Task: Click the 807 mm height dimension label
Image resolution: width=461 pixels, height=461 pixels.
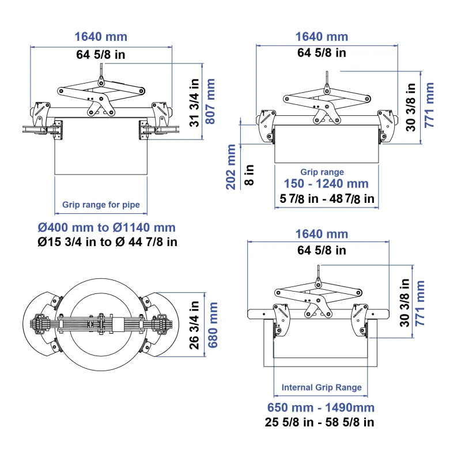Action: coord(210,101)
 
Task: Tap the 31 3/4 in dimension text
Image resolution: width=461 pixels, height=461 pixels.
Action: coord(194,103)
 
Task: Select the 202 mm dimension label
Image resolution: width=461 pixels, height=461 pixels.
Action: coord(231,167)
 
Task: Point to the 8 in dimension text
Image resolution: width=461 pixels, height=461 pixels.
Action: coord(249,175)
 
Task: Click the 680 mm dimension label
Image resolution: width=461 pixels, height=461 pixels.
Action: coord(213,325)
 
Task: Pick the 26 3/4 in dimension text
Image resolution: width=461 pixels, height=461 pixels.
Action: coord(194,325)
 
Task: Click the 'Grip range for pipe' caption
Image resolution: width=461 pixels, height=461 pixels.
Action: coord(101,205)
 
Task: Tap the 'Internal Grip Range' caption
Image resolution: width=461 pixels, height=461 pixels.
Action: coord(322,387)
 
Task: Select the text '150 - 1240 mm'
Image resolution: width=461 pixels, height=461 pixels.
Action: coord(326,183)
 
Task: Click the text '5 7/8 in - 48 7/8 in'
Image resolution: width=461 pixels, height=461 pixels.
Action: coord(327,199)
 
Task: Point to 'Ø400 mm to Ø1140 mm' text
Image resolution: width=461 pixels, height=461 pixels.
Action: coord(107,227)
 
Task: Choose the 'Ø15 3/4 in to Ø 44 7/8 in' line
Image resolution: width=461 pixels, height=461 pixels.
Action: coord(108,242)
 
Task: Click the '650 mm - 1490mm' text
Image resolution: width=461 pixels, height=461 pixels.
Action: coord(321,407)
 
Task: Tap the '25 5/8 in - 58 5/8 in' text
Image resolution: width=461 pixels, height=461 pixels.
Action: coord(320,422)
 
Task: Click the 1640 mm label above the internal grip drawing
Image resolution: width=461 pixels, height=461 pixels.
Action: coord(322,234)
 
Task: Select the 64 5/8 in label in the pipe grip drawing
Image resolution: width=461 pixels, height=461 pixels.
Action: coord(100,54)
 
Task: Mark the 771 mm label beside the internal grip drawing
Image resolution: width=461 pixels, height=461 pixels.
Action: coord(420,303)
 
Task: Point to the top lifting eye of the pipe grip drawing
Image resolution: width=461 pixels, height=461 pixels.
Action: coord(101,79)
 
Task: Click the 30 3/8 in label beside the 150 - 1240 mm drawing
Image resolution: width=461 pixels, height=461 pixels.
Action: coord(411,107)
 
